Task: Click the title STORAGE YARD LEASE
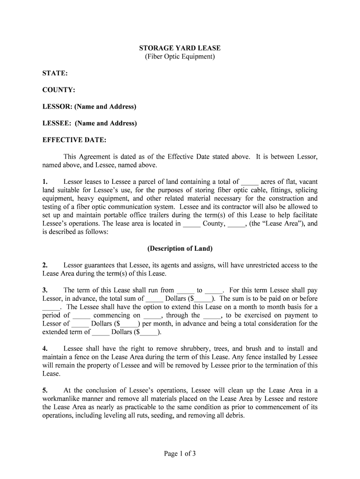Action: coord(180,48)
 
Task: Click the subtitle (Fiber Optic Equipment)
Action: coord(180,57)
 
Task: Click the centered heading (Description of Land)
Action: coord(180,248)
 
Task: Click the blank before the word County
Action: coord(192,224)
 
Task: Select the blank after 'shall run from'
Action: coord(186,290)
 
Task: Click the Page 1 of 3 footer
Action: coord(180,453)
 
